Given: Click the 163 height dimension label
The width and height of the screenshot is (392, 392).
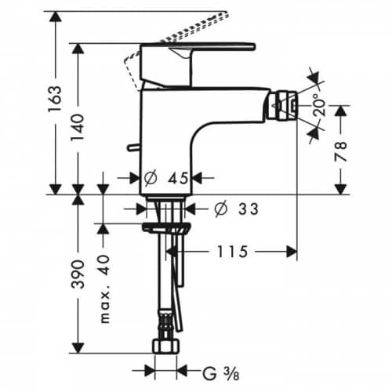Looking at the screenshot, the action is point(55,99).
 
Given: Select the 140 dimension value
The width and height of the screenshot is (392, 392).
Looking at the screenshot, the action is point(78,128).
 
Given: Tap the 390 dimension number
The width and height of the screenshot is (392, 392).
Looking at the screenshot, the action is point(78,274).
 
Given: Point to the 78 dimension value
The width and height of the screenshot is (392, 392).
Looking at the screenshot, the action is point(341,151).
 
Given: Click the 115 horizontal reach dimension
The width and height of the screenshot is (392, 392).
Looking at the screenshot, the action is point(232,252).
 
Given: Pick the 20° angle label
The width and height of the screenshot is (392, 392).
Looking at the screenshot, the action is point(320,104).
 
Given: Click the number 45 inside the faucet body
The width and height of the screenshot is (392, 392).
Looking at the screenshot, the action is point(178,179).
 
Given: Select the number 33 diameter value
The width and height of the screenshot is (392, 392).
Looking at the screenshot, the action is point(248,209).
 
